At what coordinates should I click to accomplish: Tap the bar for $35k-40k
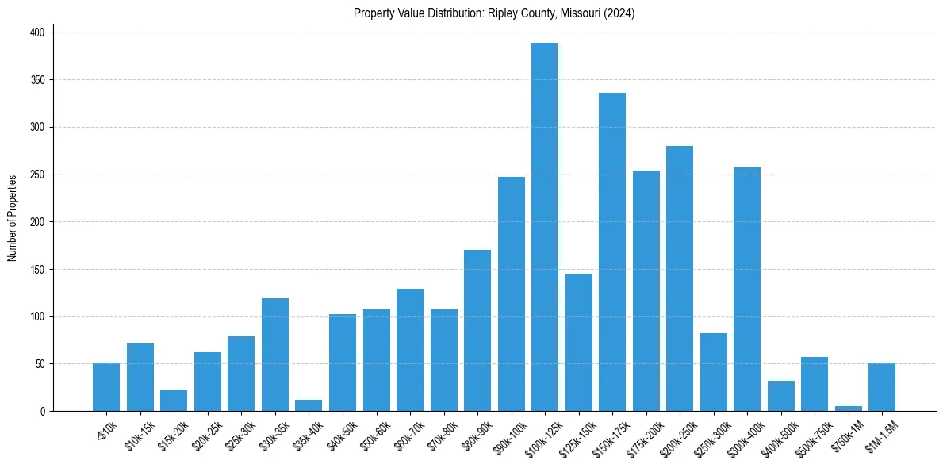pos(309,405)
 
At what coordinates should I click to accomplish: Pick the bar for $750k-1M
pos(848,409)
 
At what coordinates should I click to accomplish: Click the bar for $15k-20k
pos(174,401)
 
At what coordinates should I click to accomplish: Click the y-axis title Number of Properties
pos(13,217)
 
